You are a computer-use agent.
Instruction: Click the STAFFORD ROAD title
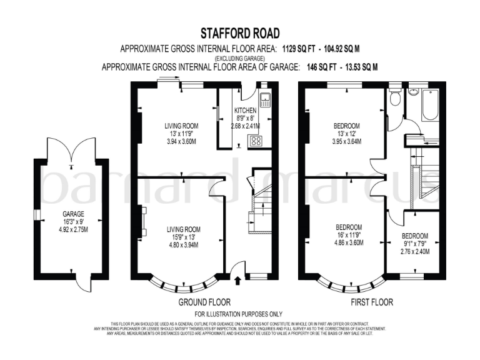(240, 33)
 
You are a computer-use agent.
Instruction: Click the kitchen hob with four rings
(255, 141)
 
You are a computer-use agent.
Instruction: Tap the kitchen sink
(265, 100)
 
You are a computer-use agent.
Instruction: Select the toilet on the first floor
(394, 97)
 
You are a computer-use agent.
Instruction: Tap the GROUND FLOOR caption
(204, 302)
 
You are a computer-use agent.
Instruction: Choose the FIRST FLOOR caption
(371, 302)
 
